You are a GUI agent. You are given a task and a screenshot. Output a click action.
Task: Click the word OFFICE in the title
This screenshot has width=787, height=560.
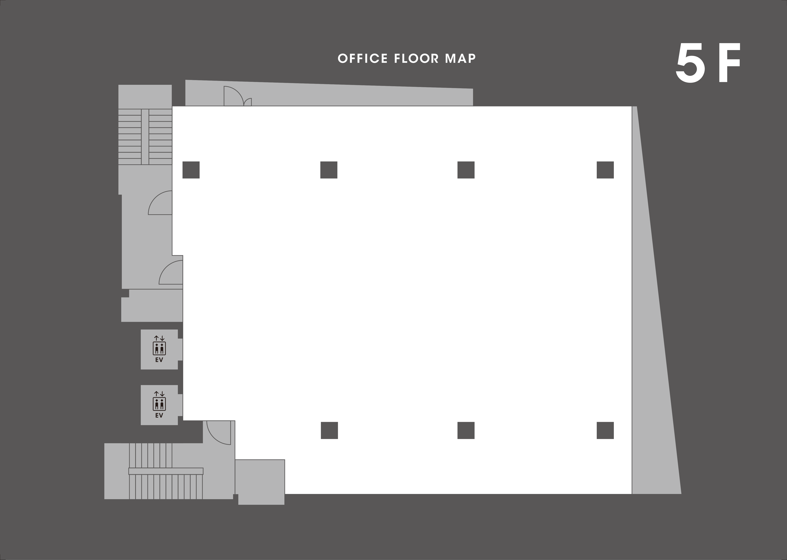coord(363,59)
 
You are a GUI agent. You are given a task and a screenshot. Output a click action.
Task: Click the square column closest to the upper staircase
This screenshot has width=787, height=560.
coord(191,170)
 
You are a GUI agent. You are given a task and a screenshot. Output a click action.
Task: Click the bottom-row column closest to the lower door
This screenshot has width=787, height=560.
coord(329,430)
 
